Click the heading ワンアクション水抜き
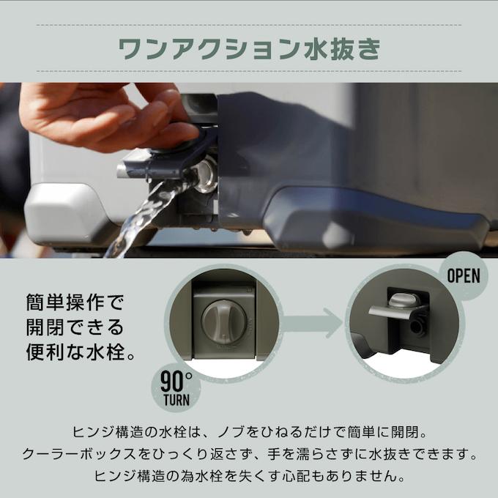point(249,48)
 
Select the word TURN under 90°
point(174,402)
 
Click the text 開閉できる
point(75,327)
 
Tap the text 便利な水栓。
point(81,352)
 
